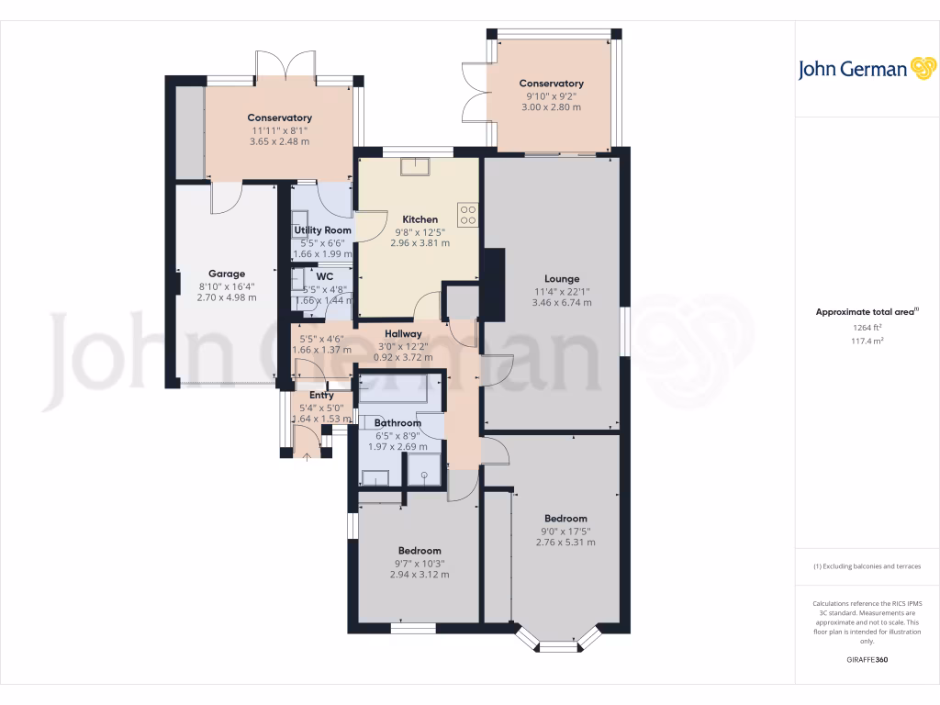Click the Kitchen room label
click(x=420, y=219)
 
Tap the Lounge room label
click(x=562, y=278)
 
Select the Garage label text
click(x=227, y=274)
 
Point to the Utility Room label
click(x=322, y=229)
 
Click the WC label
click(x=324, y=276)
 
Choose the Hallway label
click(x=403, y=333)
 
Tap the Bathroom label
click(x=397, y=422)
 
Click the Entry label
click(x=321, y=396)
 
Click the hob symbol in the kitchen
click(x=467, y=214)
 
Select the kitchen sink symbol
click(x=420, y=166)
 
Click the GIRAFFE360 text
click(x=867, y=660)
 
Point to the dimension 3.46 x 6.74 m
click(x=562, y=303)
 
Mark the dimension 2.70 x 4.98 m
click(x=227, y=297)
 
